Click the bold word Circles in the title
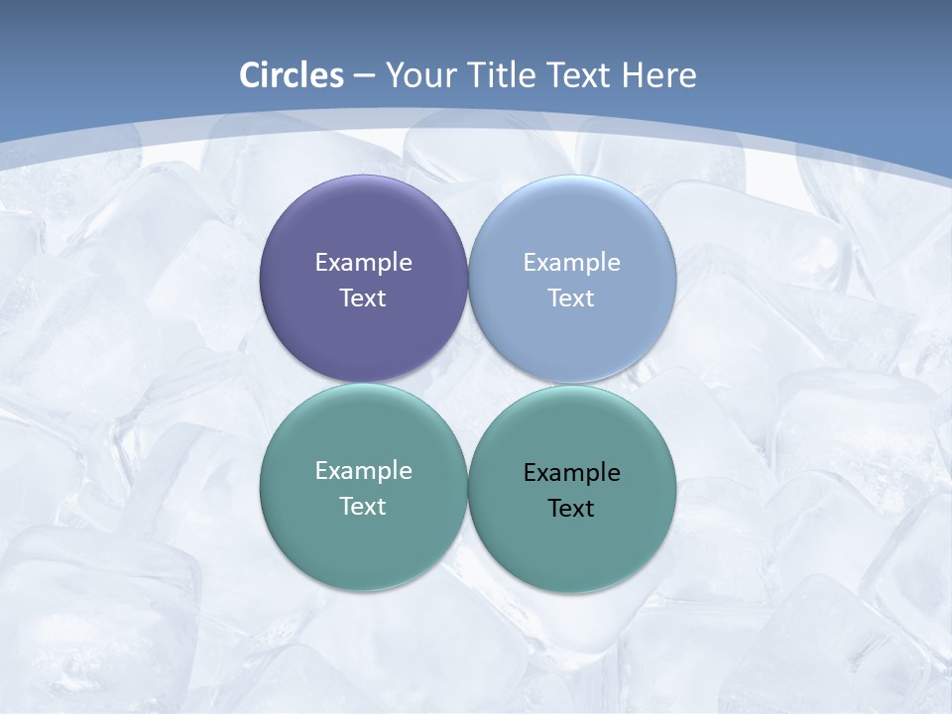point(291,75)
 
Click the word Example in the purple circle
point(363,263)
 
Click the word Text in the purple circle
point(363,298)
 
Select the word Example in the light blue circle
point(571,263)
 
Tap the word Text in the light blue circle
point(571,298)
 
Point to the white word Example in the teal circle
point(363,471)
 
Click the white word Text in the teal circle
point(363,507)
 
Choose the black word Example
point(571,473)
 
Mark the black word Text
point(571,509)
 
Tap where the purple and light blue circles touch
point(468,279)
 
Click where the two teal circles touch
point(468,487)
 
